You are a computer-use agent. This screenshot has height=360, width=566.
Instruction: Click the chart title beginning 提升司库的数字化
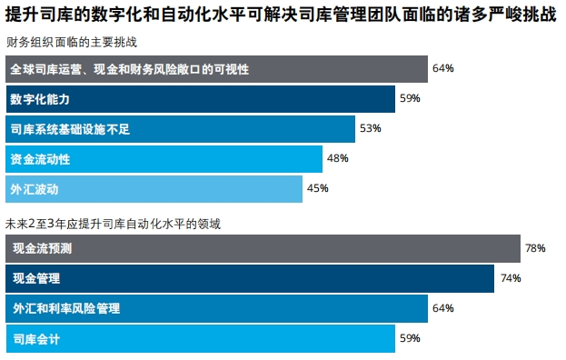tap(282, 16)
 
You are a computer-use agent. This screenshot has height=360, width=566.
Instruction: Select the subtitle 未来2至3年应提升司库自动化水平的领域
tap(114, 222)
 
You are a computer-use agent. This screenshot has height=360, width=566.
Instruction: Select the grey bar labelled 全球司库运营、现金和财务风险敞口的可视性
tap(216, 69)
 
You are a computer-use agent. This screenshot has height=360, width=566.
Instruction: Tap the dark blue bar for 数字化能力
tap(200, 98)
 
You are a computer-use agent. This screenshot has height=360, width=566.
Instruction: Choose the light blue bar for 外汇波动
tap(154, 189)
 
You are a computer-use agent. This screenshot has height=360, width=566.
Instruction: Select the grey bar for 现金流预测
tap(262, 248)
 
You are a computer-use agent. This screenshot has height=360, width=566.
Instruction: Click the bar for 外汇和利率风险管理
tap(216, 308)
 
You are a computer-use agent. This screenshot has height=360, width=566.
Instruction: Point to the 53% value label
tap(370, 129)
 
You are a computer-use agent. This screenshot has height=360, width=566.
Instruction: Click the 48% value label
tap(338, 159)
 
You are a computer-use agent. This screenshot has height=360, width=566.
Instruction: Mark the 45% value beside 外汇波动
tap(317, 189)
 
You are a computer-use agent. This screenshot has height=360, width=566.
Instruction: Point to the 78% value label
tap(535, 248)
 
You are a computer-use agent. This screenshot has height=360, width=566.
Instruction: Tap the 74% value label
tap(510, 278)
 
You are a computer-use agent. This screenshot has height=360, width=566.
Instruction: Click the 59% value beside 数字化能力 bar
tap(410, 98)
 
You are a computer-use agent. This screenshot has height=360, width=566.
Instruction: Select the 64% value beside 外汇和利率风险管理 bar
tap(442, 308)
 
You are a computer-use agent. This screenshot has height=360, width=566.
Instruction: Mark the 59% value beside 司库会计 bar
tap(410, 339)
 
